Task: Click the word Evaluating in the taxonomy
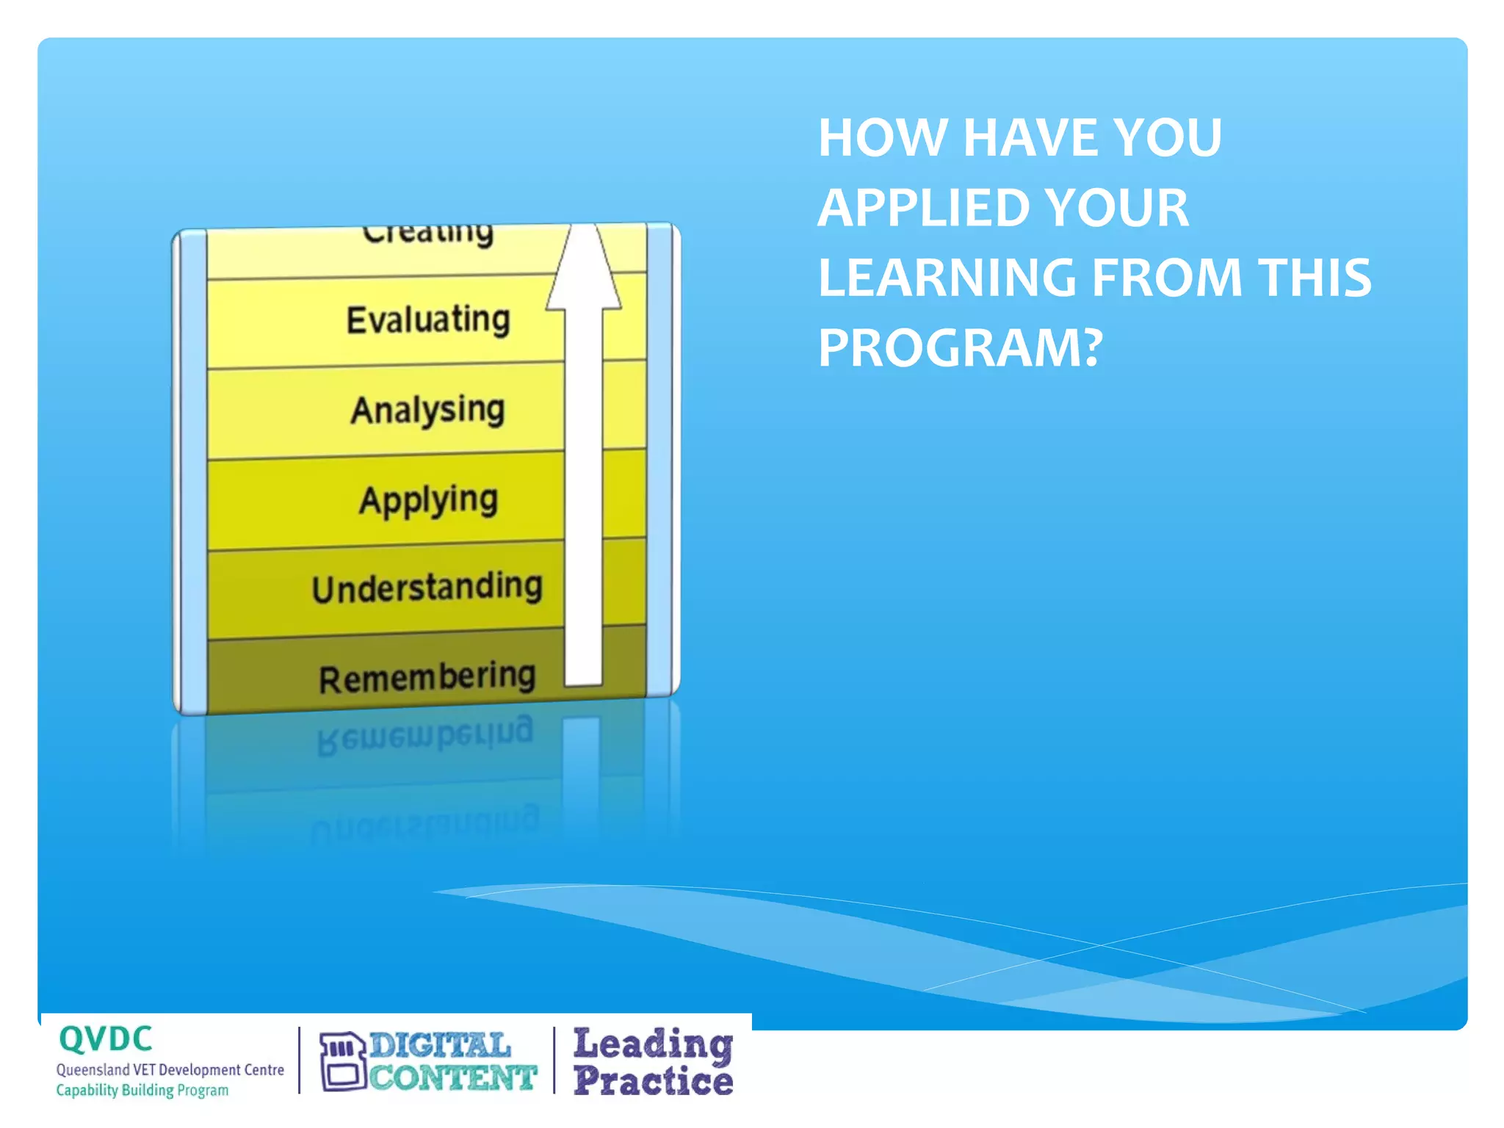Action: point(428,320)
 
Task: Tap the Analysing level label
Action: point(428,410)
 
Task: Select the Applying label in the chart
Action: point(429,500)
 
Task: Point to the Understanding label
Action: point(427,588)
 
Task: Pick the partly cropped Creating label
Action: point(428,234)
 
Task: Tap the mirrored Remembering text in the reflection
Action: point(426,734)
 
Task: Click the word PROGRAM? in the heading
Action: point(960,347)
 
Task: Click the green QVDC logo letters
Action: point(106,1039)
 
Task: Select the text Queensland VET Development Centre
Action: point(170,1070)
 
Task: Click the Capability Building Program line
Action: point(142,1091)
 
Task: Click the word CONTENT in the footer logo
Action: point(452,1078)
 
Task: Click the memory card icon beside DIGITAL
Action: point(342,1062)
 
